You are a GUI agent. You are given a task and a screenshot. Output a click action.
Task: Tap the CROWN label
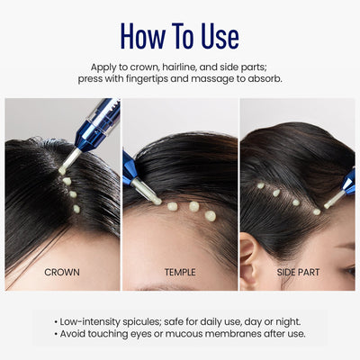61,271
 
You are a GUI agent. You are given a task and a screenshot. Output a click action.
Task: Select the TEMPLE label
180,271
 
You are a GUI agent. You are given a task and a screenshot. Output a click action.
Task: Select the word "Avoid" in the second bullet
77,334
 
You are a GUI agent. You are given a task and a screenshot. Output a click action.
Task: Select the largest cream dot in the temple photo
211,216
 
